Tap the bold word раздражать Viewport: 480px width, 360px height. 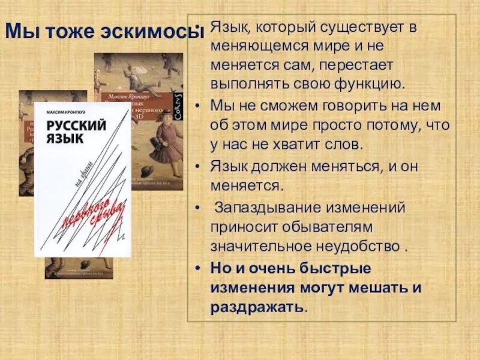click(257, 307)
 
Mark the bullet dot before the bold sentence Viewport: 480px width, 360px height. click(199, 268)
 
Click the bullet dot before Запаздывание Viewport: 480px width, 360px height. click(199, 208)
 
